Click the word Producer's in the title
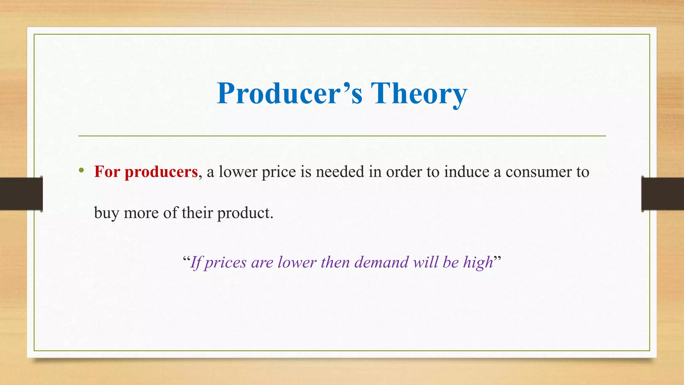(289, 93)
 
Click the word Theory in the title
(419, 93)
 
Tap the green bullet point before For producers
(81, 171)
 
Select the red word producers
(161, 172)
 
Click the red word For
(107, 172)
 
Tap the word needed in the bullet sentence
(340, 172)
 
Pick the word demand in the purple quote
(381, 262)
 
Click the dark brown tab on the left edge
(21, 194)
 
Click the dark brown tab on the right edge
(663, 194)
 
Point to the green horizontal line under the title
(342, 136)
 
